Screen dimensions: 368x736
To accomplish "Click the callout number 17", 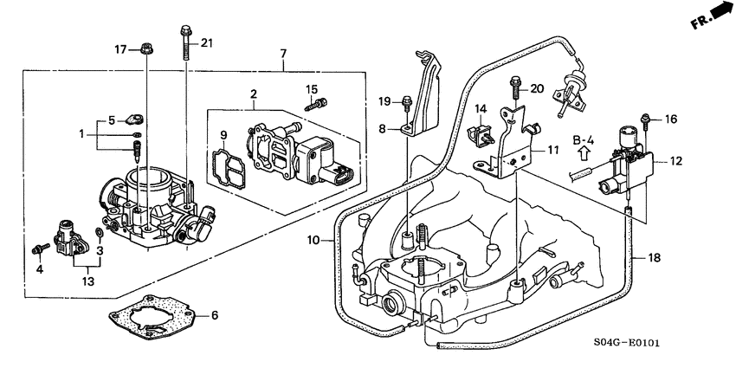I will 122,48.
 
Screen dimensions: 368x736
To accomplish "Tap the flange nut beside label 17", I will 145,49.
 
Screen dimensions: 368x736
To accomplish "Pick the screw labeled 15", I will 317,104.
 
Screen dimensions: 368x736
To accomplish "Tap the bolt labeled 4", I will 37,249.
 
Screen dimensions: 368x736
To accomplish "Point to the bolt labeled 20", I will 514,87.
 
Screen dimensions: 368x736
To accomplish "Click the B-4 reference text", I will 583,139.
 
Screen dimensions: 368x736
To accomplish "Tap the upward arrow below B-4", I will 583,158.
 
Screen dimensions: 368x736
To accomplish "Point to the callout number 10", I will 313,239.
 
